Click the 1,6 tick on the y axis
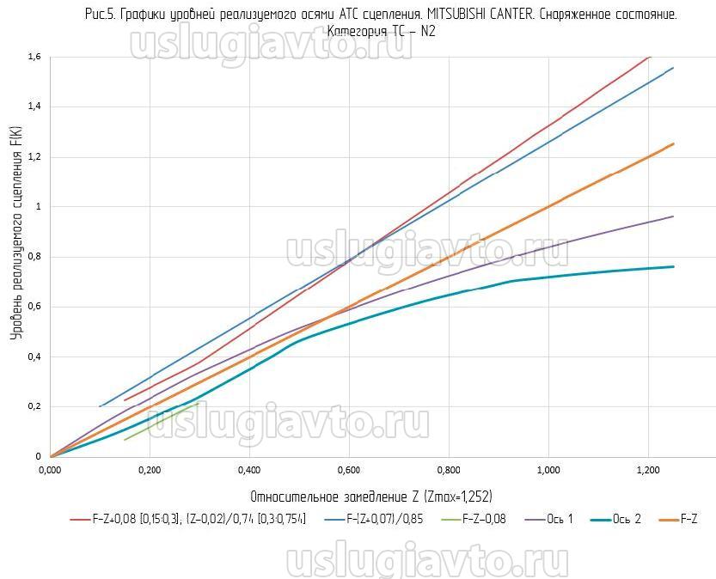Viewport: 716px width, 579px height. click(34, 57)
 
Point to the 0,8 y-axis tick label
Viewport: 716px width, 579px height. click(34, 257)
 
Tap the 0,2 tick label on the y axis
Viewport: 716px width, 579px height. click(34, 406)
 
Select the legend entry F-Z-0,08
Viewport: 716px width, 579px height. click(471, 519)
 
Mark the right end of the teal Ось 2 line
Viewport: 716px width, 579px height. click(673, 266)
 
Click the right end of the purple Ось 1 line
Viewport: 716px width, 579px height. click(673, 216)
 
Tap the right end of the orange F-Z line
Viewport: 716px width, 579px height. click(673, 144)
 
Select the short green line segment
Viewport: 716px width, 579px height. click(163, 421)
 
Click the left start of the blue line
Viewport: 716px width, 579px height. click(101, 406)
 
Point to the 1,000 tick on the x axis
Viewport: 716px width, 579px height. click(548, 470)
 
